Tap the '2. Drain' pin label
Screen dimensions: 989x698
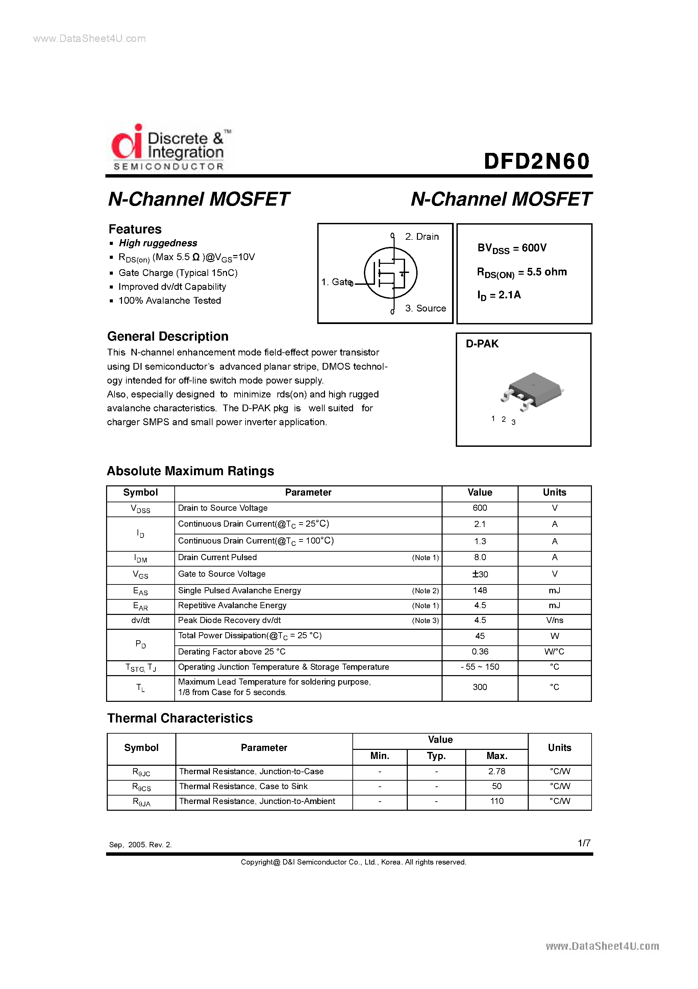coord(421,236)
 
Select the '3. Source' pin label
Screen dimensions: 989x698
coord(425,308)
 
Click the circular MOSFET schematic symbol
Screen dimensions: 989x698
coord(390,273)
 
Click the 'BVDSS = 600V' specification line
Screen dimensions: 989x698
coord(512,249)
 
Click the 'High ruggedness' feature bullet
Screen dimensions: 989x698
coord(158,243)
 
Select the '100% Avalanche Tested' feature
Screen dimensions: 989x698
coord(170,301)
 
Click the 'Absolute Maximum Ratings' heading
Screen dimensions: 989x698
coord(190,471)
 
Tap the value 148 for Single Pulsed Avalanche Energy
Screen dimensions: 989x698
coord(479,591)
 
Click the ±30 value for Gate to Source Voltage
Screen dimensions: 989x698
coord(479,574)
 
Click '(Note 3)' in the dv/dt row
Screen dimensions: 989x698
coord(425,621)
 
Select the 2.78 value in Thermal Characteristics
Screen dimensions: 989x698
coord(496,772)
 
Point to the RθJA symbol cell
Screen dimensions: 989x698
coord(141,802)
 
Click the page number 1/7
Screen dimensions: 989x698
coord(583,843)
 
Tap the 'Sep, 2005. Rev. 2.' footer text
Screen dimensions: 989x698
coord(140,845)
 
